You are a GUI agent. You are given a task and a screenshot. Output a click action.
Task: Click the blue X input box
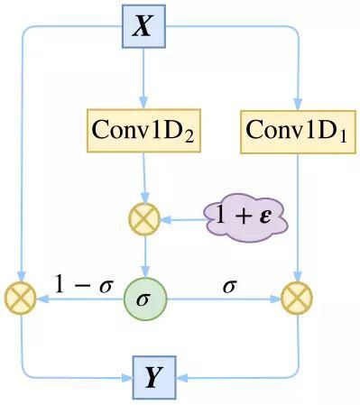143,25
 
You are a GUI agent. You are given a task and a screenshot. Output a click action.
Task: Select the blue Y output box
154,377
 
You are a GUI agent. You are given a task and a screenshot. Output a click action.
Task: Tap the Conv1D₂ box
143,131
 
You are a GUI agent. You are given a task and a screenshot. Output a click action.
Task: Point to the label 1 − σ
82,285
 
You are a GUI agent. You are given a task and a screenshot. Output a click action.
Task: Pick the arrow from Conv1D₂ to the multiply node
144,176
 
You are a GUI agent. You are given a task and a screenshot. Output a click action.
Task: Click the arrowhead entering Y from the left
125,377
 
